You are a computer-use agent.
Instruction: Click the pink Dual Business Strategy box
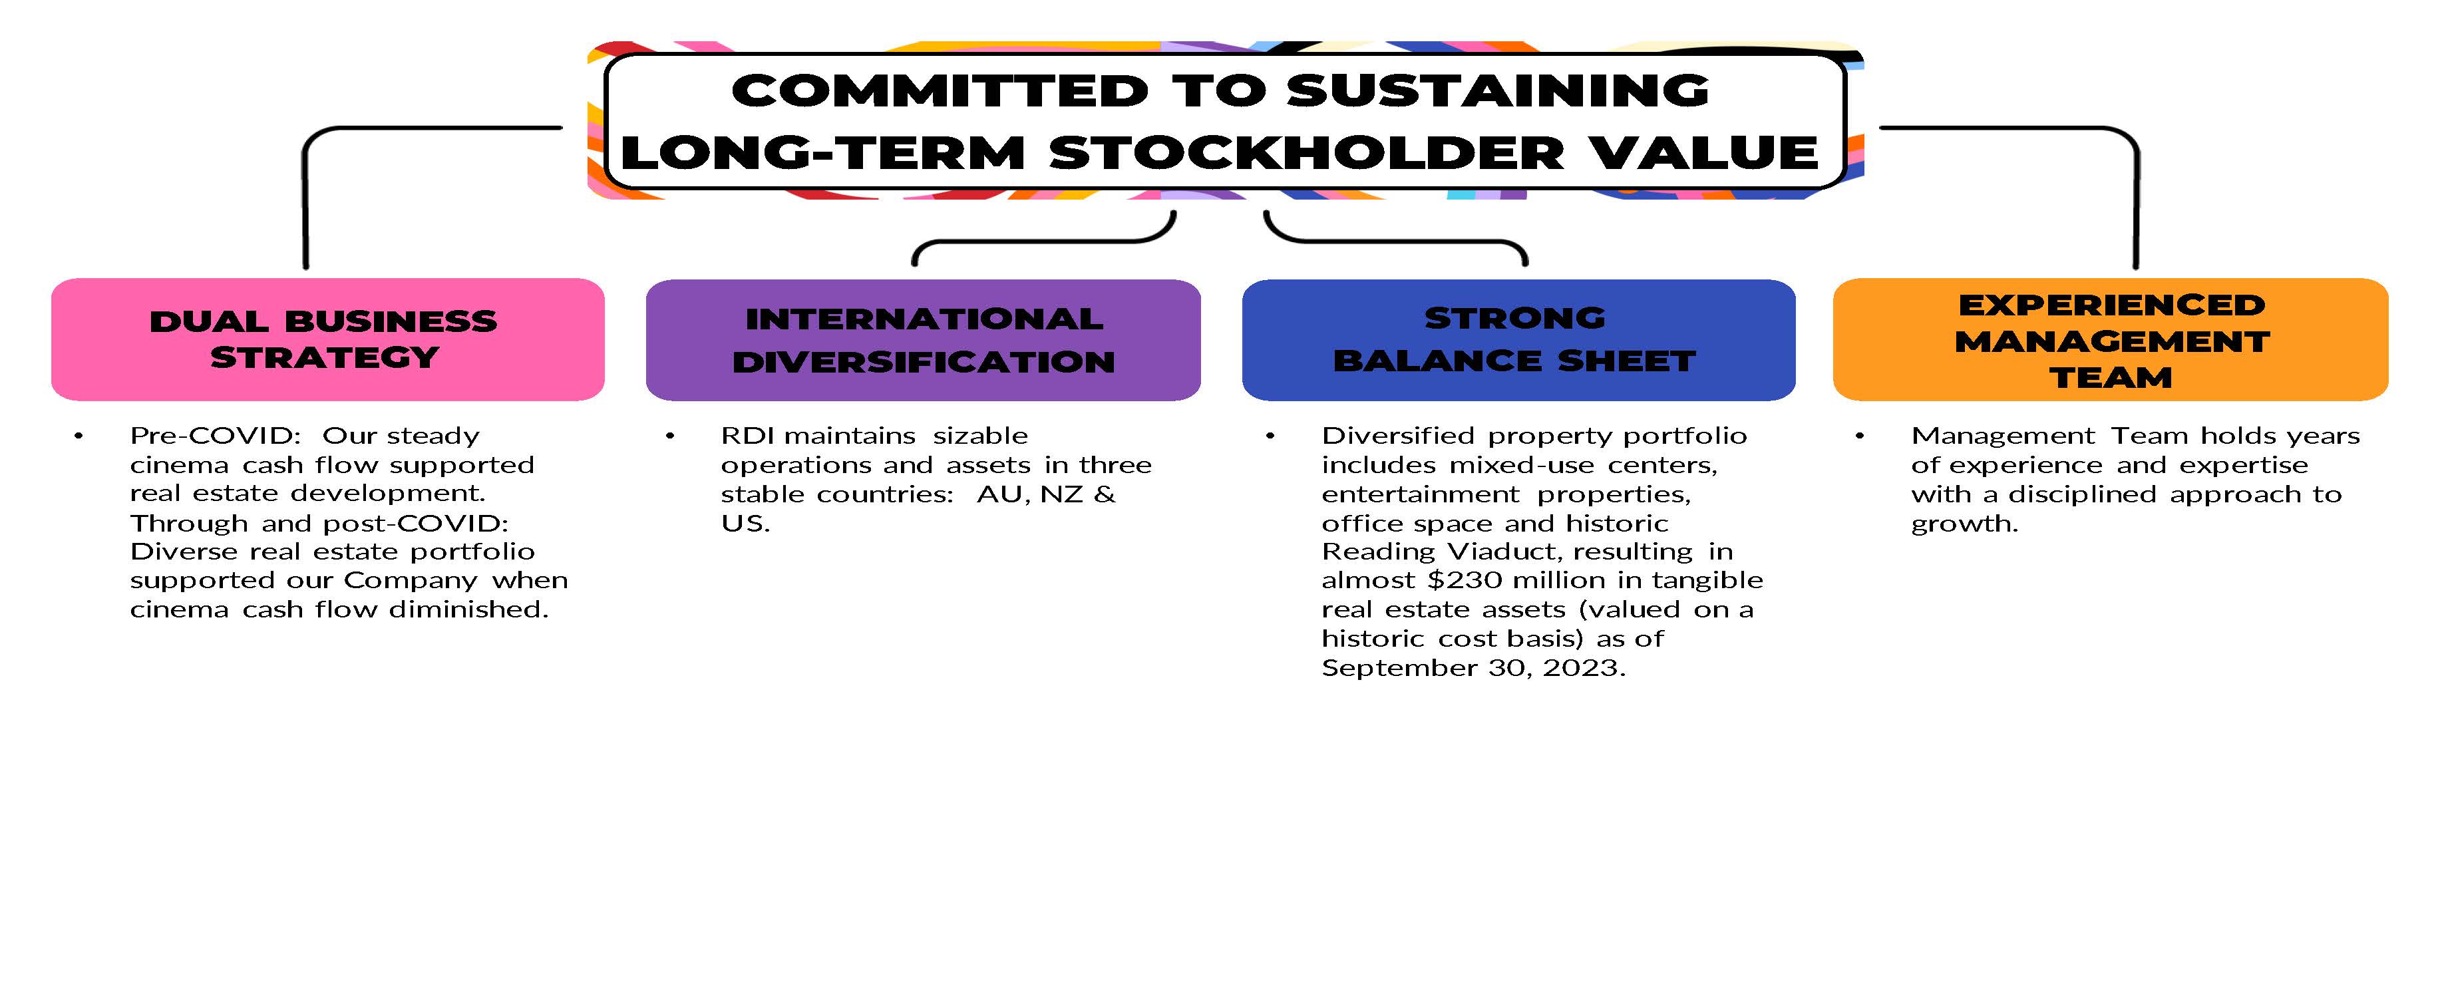tap(328, 339)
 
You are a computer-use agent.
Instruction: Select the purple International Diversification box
tap(924, 340)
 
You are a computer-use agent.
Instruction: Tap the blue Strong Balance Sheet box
tap(1518, 340)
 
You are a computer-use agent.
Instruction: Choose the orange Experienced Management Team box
tap(2111, 339)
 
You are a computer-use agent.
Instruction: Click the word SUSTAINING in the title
tap(1498, 91)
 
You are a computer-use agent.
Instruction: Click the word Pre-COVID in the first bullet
tap(215, 436)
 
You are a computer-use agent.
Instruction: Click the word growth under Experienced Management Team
tap(1964, 524)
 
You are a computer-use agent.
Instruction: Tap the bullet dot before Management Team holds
tap(1859, 436)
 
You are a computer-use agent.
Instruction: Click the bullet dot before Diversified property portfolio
tap(1270, 436)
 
